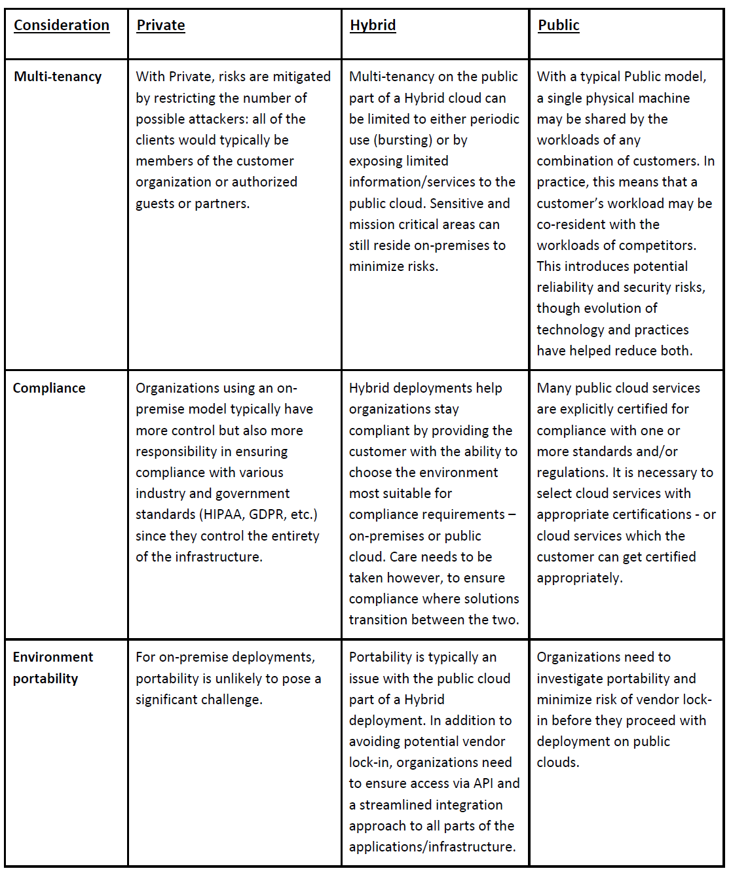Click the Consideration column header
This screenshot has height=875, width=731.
(62, 26)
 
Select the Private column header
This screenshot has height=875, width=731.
(160, 26)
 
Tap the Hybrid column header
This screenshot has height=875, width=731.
(373, 26)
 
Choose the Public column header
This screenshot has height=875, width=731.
(559, 26)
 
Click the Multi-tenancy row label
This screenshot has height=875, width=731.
(58, 77)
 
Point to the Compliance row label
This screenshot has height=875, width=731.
(49, 388)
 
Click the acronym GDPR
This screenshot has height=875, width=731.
(267, 514)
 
